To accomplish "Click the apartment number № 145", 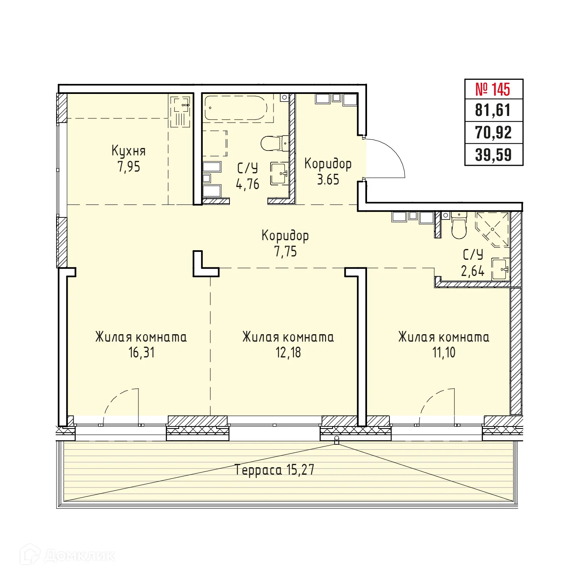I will pyautogui.click(x=493, y=89).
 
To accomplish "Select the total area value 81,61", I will pyautogui.click(x=493, y=111).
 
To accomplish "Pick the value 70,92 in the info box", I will pyautogui.click(x=493, y=133).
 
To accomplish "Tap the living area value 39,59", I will pyautogui.click(x=493, y=155).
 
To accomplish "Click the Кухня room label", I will pyautogui.click(x=128, y=150).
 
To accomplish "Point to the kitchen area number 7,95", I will pyautogui.click(x=129, y=167).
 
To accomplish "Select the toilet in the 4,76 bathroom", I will pyautogui.click(x=274, y=143).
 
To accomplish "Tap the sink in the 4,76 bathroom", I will pyautogui.click(x=279, y=173).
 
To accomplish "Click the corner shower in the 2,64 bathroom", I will pyautogui.click(x=493, y=229).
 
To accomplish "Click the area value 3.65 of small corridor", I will pyautogui.click(x=328, y=180).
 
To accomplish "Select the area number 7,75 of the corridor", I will pyautogui.click(x=285, y=251).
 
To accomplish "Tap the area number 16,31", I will pyautogui.click(x=141, y=352).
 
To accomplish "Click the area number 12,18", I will pyautogui.click(x=288, y=352).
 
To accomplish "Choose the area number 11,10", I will pyautogui.click(x=443, y=352).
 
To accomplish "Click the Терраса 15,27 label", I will pyautogui.click(x=274, y=470).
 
